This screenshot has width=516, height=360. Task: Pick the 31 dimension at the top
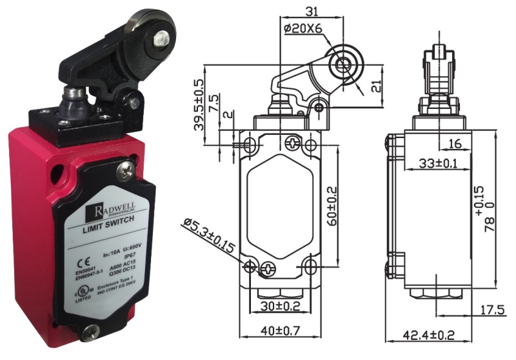[x=312, y=11]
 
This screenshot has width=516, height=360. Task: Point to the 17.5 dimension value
[x=492, y=310]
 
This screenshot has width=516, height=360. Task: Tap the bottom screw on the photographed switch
[x=89, y=333]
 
